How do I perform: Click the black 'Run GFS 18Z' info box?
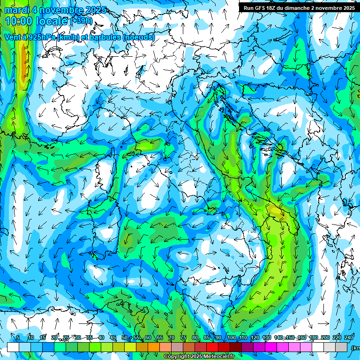(x=299, y=7)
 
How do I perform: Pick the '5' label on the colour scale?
(x=18, y=337)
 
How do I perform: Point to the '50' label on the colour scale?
(x=124, y=337)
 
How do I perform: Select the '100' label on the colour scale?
(x=231, y=337)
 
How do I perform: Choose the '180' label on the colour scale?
(x=313, y=337)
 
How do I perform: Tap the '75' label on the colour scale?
(x=183, y=337)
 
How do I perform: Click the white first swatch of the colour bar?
(x=13, y=347)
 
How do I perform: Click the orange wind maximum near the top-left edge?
(x=22, y=59)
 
